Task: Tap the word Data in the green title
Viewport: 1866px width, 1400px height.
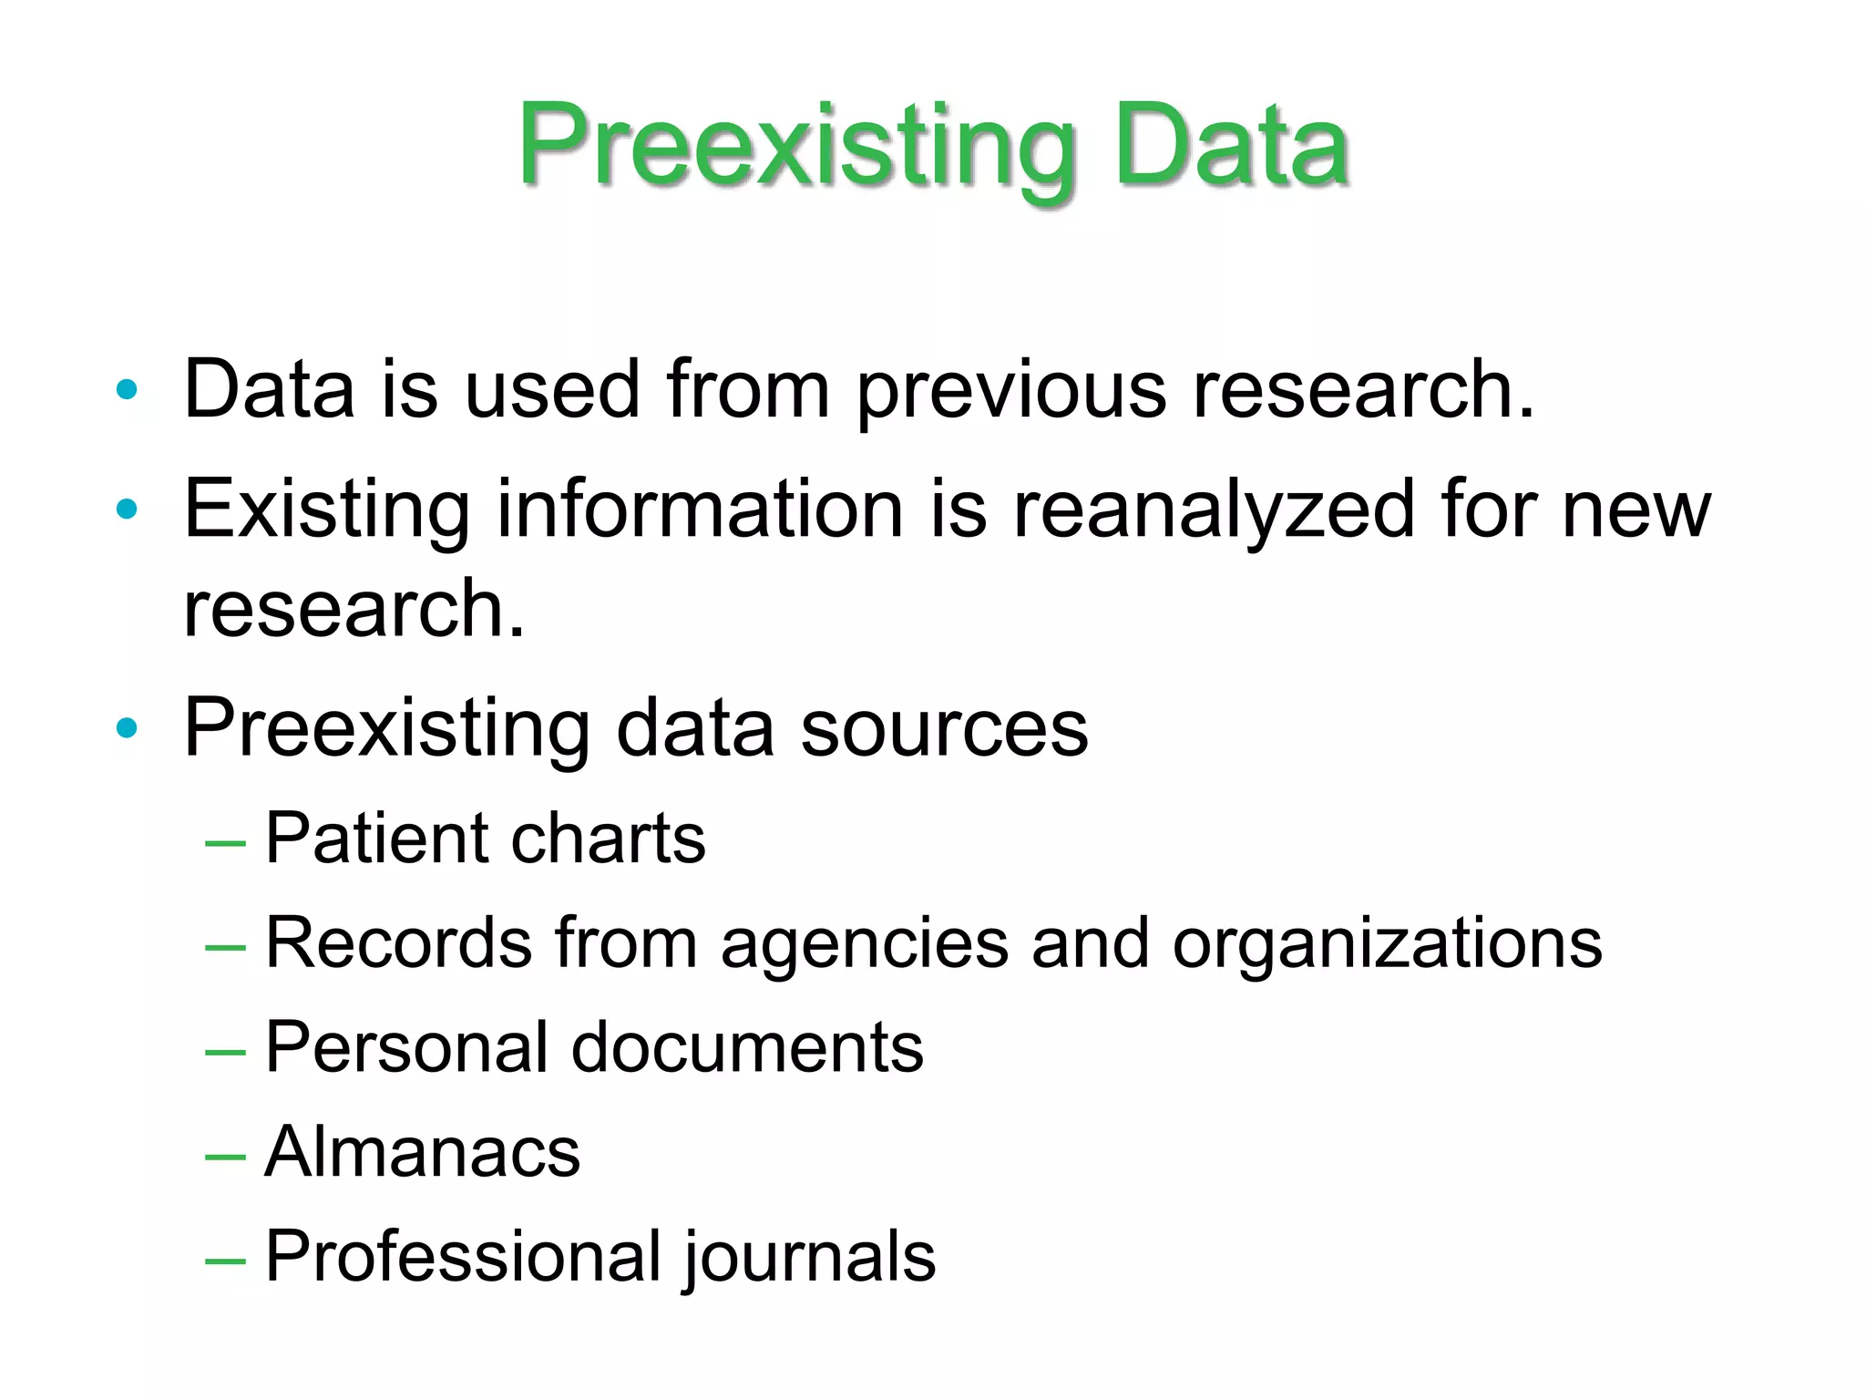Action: pyautogui.click(x=1230, y=148)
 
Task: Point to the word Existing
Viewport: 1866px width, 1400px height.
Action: pyautogui.click(x=327, y=510)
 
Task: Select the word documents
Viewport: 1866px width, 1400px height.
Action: pyautogui.click(x=747, y=1048)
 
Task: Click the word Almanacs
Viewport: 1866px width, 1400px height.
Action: pyautogui.click(x=422, y=1153)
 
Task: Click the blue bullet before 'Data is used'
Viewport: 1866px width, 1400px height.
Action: pyautogui.click(x=127, y=390)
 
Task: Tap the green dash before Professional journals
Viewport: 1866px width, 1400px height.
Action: pyautogui.click(x=225, y=1261)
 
